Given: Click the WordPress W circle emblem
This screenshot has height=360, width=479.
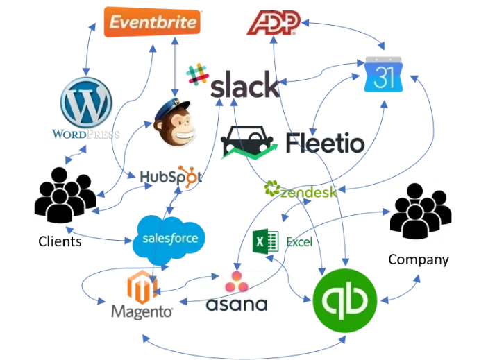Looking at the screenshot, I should coord(86,103).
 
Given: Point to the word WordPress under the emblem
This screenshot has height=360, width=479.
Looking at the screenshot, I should coord(86,132).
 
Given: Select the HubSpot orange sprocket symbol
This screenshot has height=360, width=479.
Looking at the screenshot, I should coord(186,175).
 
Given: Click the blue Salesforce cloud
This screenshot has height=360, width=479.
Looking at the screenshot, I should coord(170,239).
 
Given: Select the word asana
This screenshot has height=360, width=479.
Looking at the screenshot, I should coord(238,304).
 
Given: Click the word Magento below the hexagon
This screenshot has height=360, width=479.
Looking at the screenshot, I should coord(142,314).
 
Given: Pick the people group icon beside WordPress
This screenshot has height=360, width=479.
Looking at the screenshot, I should coord(66,194).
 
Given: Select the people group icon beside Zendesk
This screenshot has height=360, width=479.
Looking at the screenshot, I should coord(421,210).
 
